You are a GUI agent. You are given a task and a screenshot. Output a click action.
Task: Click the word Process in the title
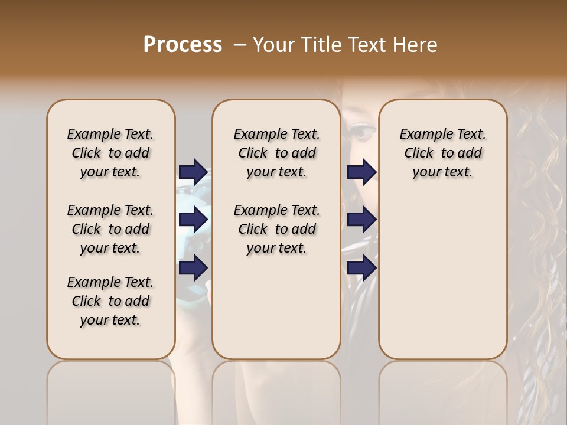point(183,45)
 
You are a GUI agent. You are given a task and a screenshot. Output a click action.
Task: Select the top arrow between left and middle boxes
point(193,171)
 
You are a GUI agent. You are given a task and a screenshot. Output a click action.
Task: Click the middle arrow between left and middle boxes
point(193,220)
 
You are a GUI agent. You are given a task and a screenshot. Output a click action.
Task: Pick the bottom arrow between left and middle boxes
point(193,268)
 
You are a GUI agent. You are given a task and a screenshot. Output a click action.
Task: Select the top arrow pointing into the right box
point(361,171)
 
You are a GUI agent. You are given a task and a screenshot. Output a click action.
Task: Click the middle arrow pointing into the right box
point(361,220)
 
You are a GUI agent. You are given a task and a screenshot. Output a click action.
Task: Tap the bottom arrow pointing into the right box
point(361,268)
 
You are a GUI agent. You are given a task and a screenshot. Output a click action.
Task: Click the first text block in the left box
point(110,153)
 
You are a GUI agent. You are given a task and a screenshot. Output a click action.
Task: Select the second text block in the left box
point(110,229)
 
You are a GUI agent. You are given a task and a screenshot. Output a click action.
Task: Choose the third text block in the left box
point(110,301)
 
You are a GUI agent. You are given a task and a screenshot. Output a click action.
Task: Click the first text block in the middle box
point(276,153)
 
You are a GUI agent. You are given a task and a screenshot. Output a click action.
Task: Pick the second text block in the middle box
point(276,229)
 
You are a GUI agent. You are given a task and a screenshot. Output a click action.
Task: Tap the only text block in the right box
point(442,153)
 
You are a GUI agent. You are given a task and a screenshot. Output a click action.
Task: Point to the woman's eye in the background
point(361,131)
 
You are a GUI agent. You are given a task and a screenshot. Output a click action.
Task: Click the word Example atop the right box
point(422,135)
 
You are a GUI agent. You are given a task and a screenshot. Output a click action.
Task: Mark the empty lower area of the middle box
point(276,307)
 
